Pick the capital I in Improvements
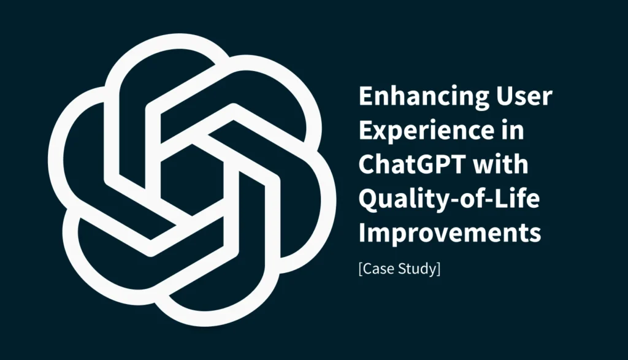click(361, 234)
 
